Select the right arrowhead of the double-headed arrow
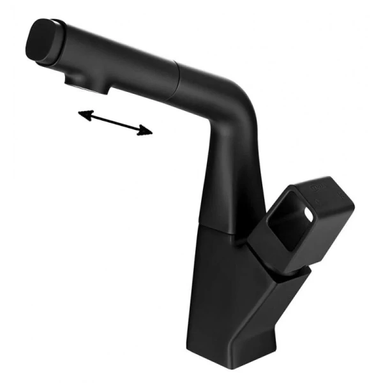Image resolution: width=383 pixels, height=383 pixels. coord(147,131)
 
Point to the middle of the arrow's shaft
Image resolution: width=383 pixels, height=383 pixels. coord(115,123)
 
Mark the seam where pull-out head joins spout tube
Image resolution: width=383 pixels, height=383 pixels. coord(178,75)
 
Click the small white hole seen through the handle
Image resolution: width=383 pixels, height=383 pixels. coord(311,214)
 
